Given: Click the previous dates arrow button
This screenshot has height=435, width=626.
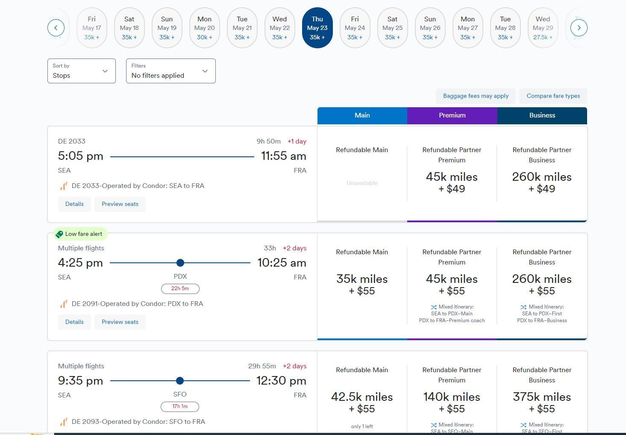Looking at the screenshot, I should tap(56, 28).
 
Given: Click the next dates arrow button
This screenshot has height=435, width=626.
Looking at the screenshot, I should tap(579, 28).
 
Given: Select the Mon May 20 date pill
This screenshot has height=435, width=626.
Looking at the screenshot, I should tap(204, 28).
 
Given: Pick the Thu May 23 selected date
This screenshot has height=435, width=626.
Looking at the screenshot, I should tap(317, 28).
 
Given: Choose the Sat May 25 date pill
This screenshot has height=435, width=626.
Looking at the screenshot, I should tap(392, 28).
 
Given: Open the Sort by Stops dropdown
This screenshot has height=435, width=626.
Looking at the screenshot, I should tap(81, 71).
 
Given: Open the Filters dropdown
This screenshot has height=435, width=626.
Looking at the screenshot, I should tap(170, 71).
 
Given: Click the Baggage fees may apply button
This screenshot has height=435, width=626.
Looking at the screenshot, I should tap(476, 96).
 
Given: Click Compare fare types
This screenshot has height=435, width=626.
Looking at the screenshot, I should tap(553, 96).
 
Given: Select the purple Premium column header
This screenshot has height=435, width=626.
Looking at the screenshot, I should tap(452, 115).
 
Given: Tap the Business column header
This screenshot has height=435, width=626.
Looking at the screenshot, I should tap(542, 115).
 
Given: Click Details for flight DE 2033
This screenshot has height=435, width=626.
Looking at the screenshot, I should tap(74, 204).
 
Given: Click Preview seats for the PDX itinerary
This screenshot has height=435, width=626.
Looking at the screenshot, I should tap(120, 322).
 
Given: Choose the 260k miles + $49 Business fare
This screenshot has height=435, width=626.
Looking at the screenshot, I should tap(542, 182).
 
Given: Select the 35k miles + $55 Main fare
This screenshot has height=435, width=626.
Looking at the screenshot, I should tap(362, 285).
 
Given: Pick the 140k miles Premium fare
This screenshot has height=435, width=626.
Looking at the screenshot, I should tap(452, 403).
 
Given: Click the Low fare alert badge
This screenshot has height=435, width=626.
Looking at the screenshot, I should tap(80, 234).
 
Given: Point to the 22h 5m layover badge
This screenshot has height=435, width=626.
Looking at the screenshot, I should tap(180, 288).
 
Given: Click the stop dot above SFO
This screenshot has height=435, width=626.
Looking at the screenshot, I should tap(180, 380).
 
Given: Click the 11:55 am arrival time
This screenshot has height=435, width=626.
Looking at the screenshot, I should tap(284, 156).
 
